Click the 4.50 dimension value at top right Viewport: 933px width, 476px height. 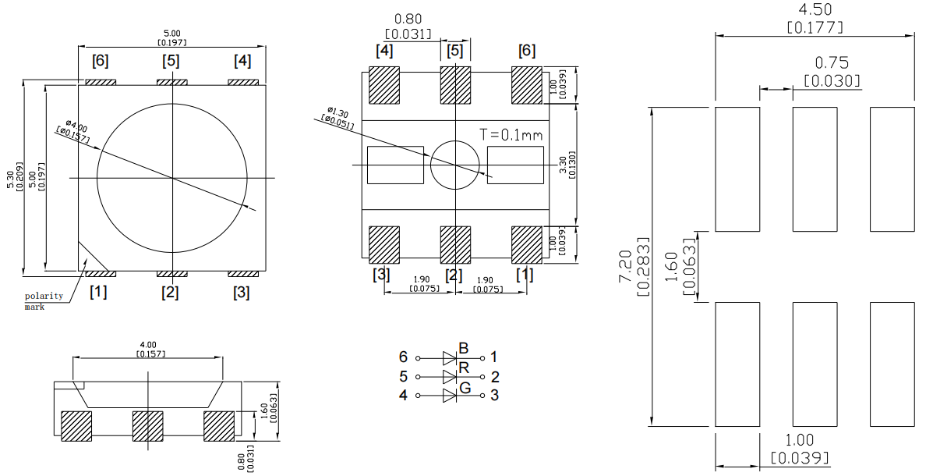coord(815,10)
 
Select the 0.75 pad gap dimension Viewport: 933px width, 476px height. coord(831,63)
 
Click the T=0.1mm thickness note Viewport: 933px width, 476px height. coord(511,134)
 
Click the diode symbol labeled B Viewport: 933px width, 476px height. coord(450,357)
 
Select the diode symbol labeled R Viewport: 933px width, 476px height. coord(450,376)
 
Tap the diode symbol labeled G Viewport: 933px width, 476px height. coord(450,395)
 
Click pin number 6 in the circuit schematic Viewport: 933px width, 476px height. coord(403,357)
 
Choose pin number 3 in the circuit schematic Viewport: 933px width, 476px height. coord(495,395)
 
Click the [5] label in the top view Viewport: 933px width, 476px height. coord(171,61)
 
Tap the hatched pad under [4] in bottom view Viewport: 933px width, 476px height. coord(383,84)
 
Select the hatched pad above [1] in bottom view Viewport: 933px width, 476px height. coord(526,245)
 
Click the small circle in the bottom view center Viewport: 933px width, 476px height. coord(454,165)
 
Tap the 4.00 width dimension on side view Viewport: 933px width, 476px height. coord(147,344)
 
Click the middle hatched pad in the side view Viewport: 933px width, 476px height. coord(147,426)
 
